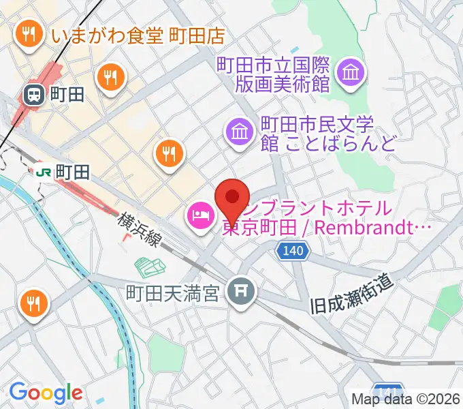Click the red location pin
pyautogui.click(x=231, y=197)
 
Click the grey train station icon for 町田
pyautogui.click(x=33, y=95)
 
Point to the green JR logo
pyautogui.click(x=43, y=172)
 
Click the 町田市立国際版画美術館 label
pyautogui.click(x=273, y=75)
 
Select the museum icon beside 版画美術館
pyautogui.click(x=351, y=72)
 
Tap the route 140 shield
pyautogui.click(x=290, y=252)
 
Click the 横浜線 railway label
pyautogui.click(x=139, y=232)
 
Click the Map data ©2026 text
pyautogui.click(x=406, y=399)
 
